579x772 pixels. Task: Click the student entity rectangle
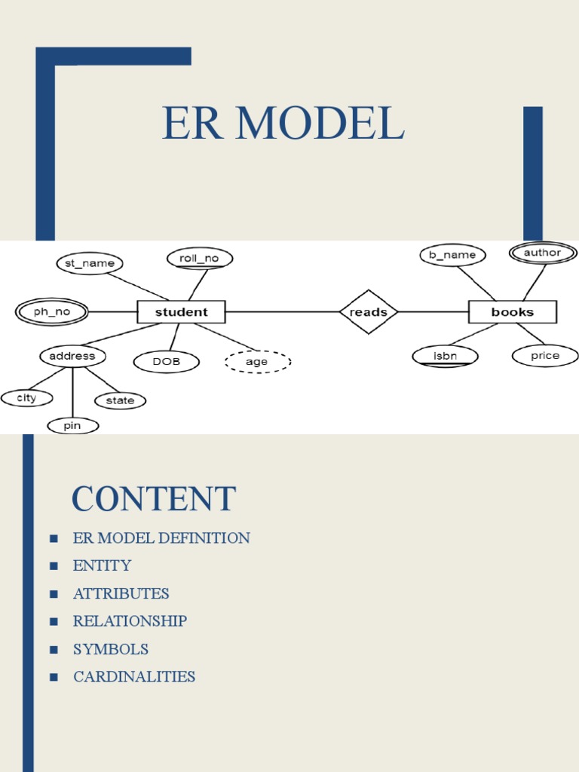click(x=181, y=311)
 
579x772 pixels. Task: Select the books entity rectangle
click(x=513, y=311)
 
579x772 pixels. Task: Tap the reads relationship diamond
click(x=369, y=311)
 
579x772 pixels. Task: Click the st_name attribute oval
click(x=90, y=263)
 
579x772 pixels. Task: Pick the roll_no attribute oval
click(x=199, y=259)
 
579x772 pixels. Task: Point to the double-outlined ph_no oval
click(x=51, y=311)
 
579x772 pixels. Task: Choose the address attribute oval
click(x=72, y=356)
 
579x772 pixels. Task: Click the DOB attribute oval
click(x=167, y=362)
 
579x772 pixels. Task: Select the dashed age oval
click(x=257, y=362)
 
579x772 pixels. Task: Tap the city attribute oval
click(x=27, y=397)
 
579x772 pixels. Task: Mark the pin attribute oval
click(x=72, y=426)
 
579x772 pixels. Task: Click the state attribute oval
click(x=120, y=400)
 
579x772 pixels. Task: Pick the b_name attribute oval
click(x=452, y=255)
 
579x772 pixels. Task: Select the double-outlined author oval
click(x=543, y=253)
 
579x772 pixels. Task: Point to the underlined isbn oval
click(x=446, y=356)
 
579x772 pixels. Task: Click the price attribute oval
click(x=545, y=356)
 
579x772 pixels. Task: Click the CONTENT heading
click(x=154, y=499)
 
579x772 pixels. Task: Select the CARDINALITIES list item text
click(x=134, y=676)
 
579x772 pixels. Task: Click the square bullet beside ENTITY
click(x=54, y=565)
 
